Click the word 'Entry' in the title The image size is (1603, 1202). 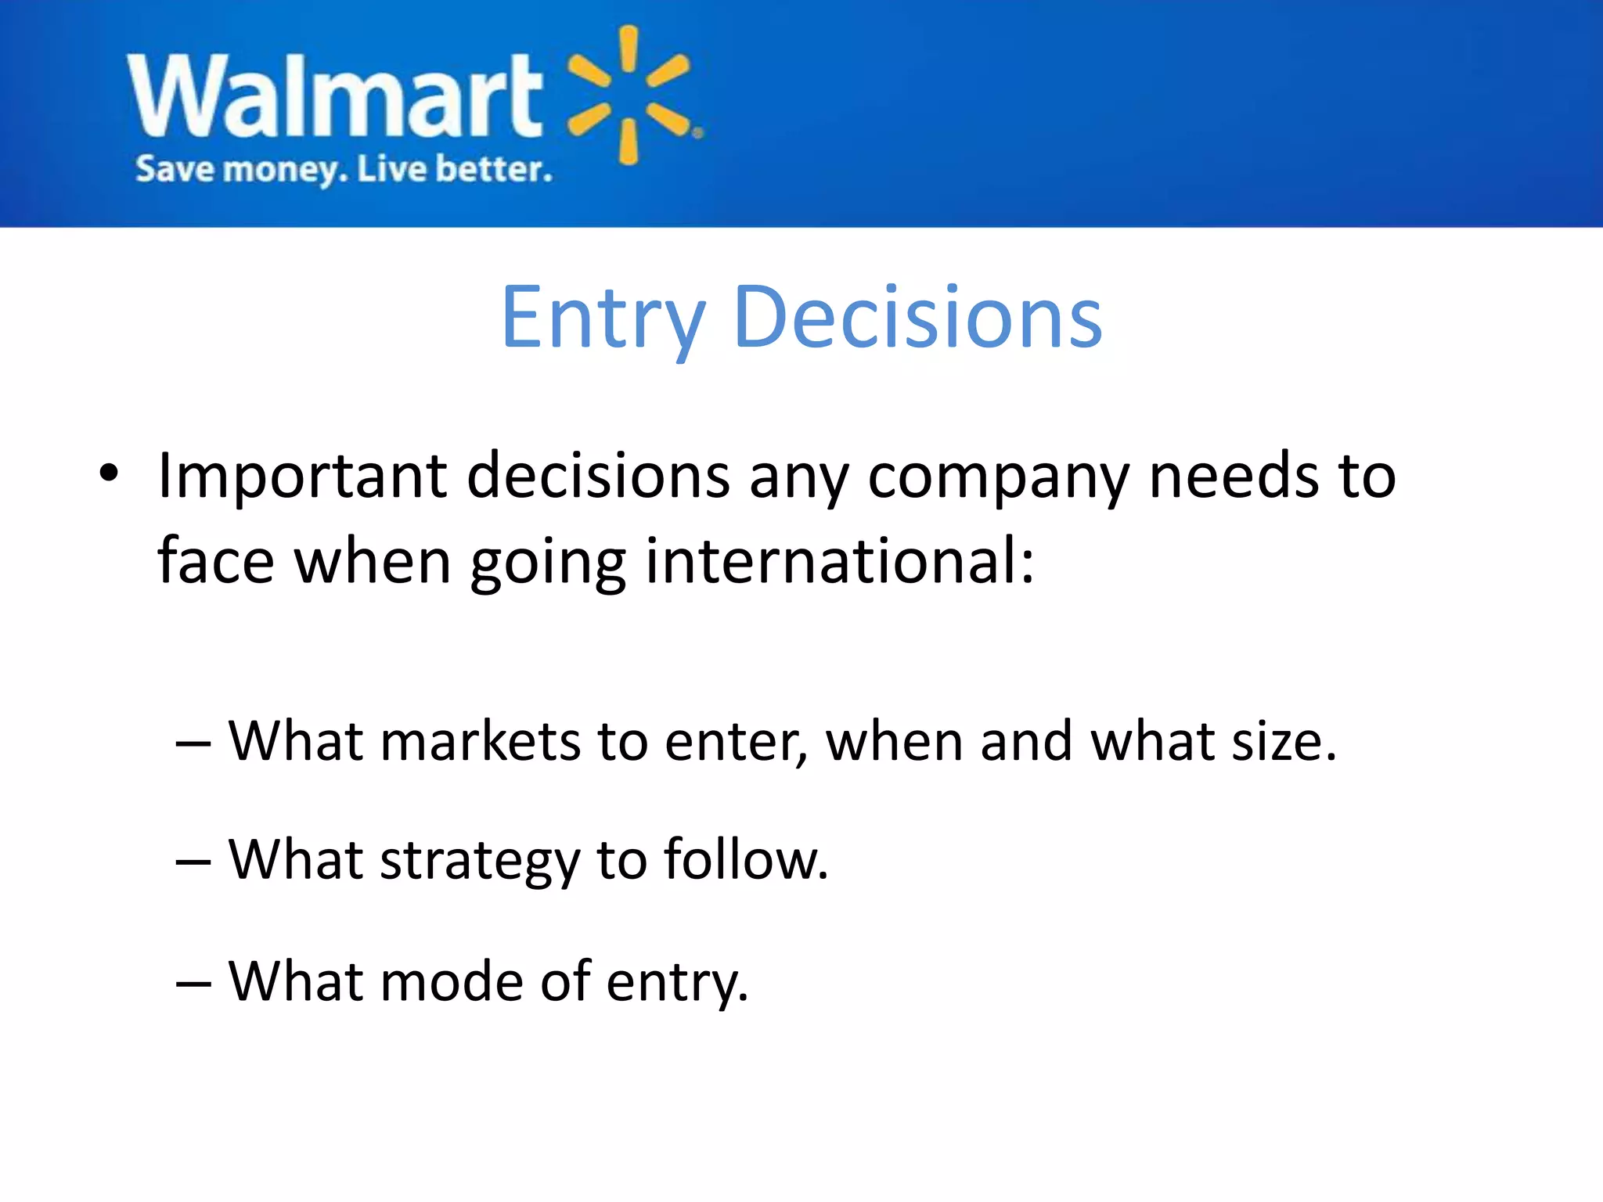point(603,318)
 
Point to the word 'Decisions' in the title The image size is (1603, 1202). point(917,317)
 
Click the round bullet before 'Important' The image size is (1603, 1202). point(109,473)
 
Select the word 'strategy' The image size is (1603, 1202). point(480,861)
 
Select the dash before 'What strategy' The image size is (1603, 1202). point(193,862)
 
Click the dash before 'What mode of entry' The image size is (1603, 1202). point(193,982)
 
